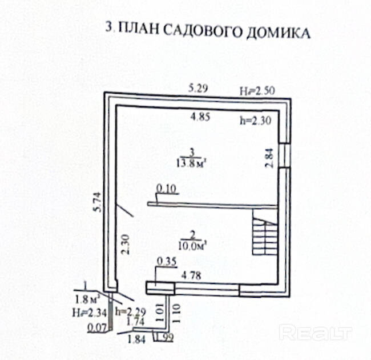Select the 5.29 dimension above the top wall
199,88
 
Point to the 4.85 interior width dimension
200,117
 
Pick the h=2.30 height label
254,121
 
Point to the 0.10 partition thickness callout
166,188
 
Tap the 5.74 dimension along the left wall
97,202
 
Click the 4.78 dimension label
191,275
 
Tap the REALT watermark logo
316,333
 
